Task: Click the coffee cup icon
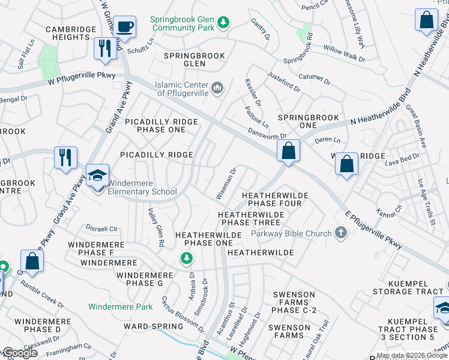(x=125, y=27)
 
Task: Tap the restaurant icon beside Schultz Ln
(x=106, y=48)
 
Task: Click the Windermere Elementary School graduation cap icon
(x=97, y=175)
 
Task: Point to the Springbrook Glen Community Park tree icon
(x=223, y=23)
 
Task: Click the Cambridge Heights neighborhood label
(x=71, y=33)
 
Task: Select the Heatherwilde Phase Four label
(x=275, y=200)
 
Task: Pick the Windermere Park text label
(x=120, y=307)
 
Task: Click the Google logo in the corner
(x=20, y=353)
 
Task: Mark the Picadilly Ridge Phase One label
(x=161, y=125)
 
